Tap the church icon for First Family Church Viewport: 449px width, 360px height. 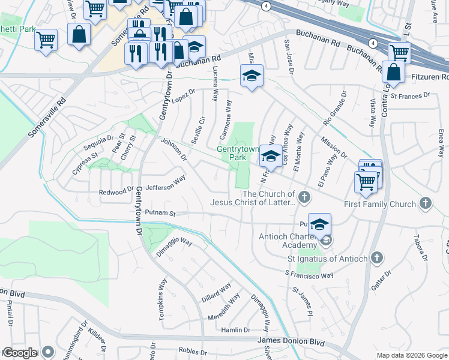coord(426,203)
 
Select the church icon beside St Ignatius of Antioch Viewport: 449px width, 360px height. coord(376,257)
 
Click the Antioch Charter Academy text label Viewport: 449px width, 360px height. coord(287,241)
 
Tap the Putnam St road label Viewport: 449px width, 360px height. coord(160,213)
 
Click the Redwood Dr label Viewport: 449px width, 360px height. coord(116,192)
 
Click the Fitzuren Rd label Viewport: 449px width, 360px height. coord(428,77)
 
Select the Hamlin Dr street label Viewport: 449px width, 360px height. coord(235,330)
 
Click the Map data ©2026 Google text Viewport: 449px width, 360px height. coord(411,355)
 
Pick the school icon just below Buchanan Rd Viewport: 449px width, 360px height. coord(252,76)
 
